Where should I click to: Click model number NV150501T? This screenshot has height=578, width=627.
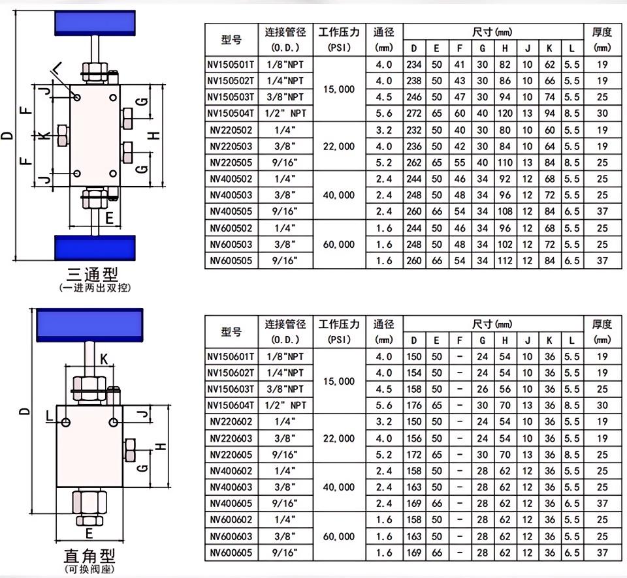pos(231,65)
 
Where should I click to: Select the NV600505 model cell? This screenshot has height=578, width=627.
pos(231,260)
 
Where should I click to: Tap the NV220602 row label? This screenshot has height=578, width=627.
pos(231,421)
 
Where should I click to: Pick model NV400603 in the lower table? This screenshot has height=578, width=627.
pos(231,487)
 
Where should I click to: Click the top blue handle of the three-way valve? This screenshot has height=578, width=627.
pos(95,23)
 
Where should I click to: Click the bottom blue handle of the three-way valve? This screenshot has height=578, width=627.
pos(95,248)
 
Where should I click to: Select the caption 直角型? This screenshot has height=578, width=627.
pos(89,556)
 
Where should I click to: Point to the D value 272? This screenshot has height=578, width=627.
pos(413,114)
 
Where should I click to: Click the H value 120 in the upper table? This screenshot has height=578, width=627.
pos(505,114)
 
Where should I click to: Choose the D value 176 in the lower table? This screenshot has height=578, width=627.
pos(413,405)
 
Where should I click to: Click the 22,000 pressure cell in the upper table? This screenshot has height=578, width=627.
pos(338,146)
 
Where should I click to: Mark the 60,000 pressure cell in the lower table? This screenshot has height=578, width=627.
pos(338,536)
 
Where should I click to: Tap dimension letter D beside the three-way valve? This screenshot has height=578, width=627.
pos(7,136)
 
